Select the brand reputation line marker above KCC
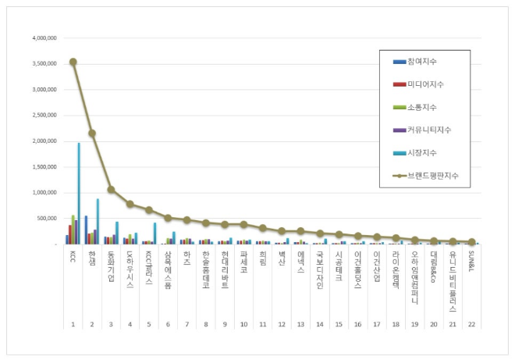pos(73,62)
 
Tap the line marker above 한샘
pos(92,133)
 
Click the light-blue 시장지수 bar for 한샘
pos(98,222)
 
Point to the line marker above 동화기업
pos(111,189)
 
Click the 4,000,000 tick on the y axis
pos(45,37)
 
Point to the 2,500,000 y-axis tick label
pos(45,115)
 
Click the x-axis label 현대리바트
pos(225,270)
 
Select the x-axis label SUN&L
pos(471,262)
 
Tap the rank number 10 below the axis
pos(243,323)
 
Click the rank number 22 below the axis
pos(471,323)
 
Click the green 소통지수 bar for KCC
pos(73,230)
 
